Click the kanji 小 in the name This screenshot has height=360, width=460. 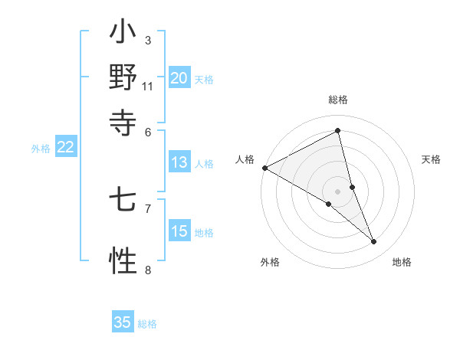[x=123, y=34]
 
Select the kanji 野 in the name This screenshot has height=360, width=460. [x=123, y=77]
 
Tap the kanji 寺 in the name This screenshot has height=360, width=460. [x=123, y=121]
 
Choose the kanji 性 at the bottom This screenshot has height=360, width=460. [x=123, y=260]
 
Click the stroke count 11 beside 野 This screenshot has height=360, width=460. [x=147, y=86]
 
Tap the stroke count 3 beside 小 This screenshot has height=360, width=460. [x=147, y=40]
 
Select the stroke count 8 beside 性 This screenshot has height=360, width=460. [x=147, y=269]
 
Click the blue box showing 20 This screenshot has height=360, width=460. [x=179, y=78]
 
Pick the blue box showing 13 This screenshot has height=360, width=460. [x=179, y=162]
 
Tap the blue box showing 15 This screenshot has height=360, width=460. [x=179, y=231]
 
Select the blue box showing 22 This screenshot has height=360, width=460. [x=65, y=148]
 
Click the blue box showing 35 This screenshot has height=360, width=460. [x=123, y=322]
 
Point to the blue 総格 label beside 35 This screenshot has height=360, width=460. [x=147, y=324]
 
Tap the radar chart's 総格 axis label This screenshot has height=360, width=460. [x=338, y=100]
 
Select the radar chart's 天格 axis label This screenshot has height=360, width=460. [x=432, y=159]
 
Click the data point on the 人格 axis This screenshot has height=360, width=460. [x=264, y=168]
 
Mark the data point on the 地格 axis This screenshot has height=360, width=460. [x=374, y=242]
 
